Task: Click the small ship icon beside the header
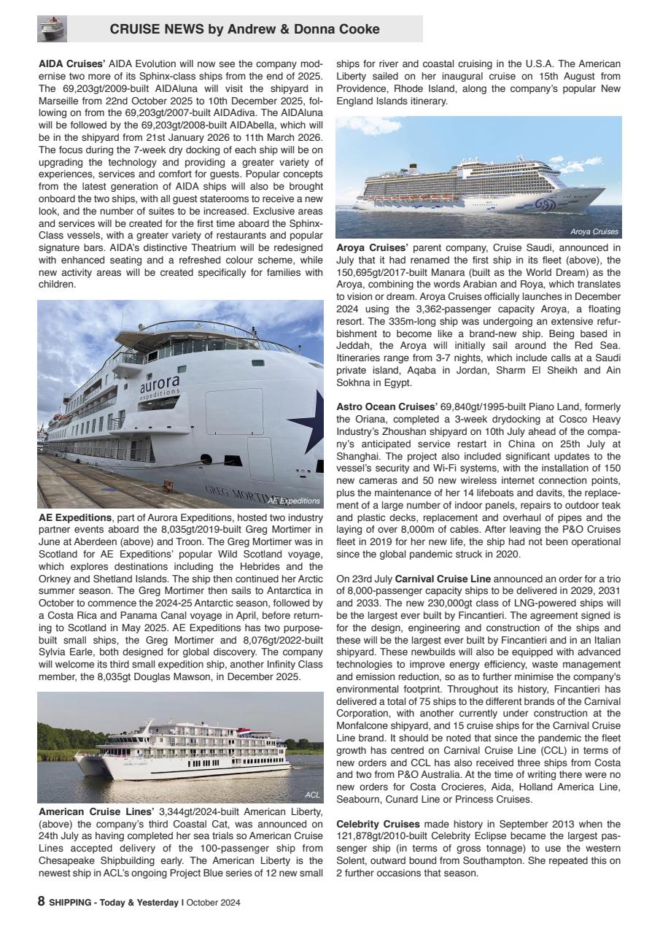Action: (x=52, y=28)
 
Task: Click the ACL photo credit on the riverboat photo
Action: (x=312, y=795)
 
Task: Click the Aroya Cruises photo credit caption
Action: (x=594, y=232)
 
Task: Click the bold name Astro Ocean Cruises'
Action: (x=386, y=406)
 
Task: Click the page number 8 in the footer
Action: (x=42, y=902)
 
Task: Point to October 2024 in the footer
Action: (x=214, y=903)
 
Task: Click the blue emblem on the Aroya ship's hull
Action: (x=547, y=204)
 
